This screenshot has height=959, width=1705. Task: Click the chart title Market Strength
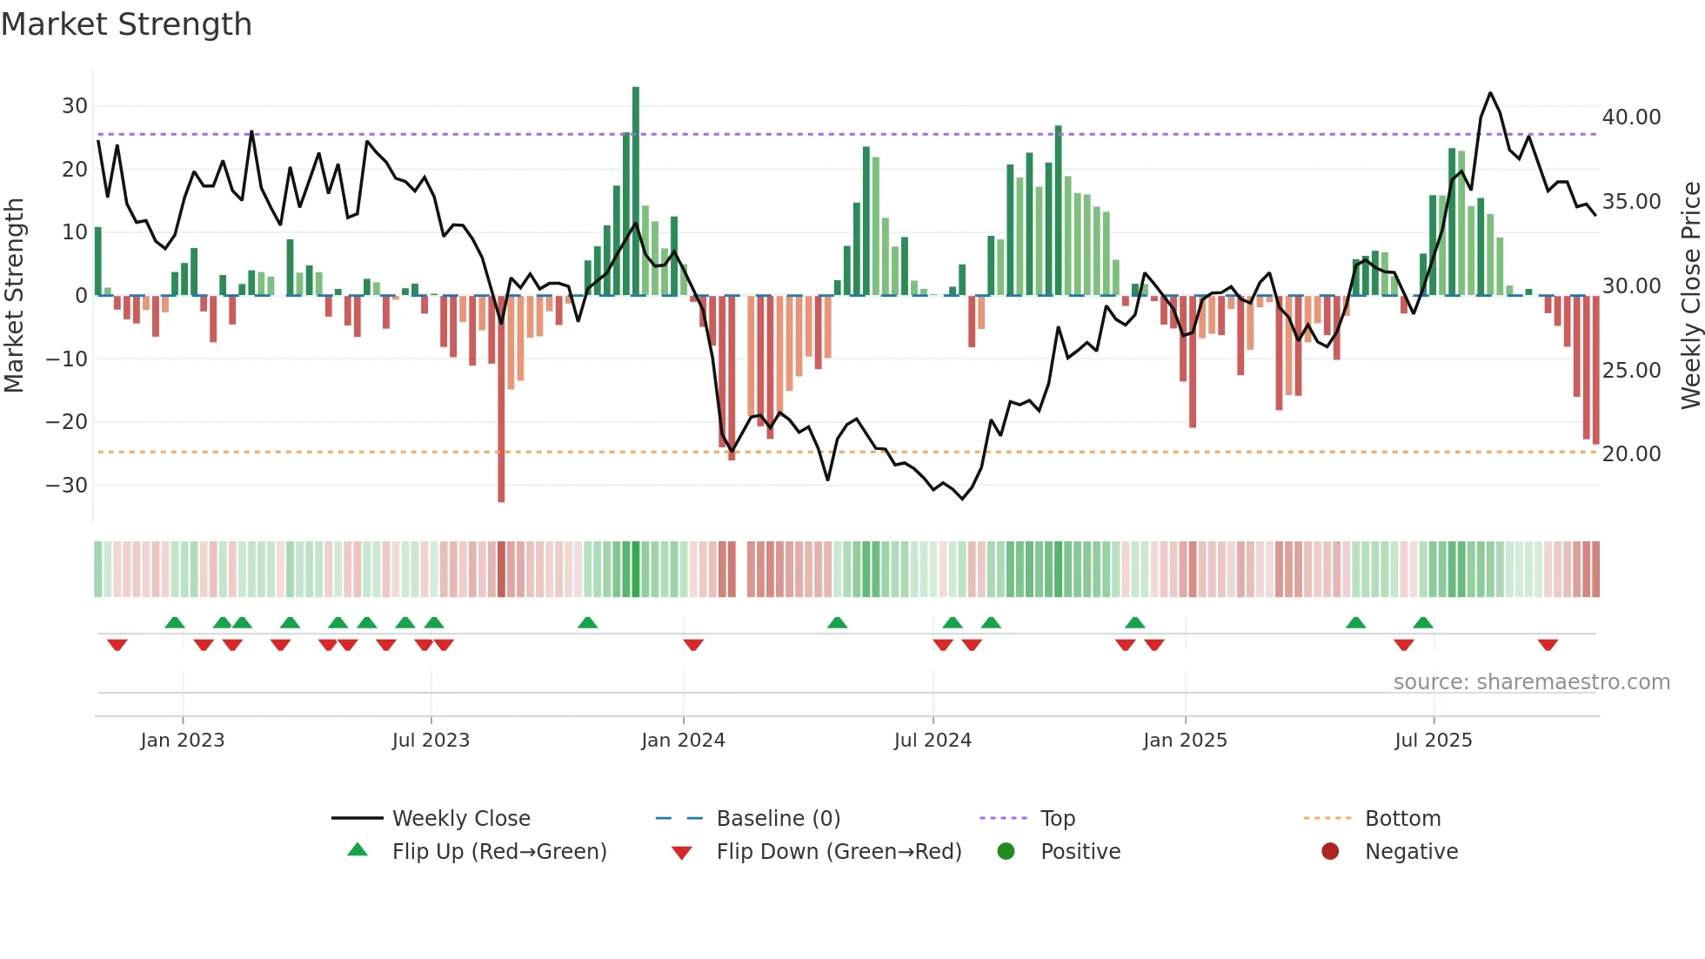click(x=126, y=24)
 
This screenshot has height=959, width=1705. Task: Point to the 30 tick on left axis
click(x=75, y=106)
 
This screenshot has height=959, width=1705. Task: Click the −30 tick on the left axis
click(x=68, y=485)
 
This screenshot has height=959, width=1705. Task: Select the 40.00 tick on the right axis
click(x=1631, y=117)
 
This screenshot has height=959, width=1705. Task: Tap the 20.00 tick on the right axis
click(x=1631, y=453)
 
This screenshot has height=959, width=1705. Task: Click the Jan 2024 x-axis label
click(x=683, y=740)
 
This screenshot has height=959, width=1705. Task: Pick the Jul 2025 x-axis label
click(x=1433, y=740)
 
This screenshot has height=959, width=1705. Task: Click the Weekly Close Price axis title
click(x=1690, y=295)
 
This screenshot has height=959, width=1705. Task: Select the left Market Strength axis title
click(x=14, y=295)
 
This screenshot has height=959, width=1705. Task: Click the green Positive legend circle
click(x=1006, y=851)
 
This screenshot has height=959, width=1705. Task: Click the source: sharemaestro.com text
click(x=1531, y=681)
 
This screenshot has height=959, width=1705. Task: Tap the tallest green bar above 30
click(x=636, y=191)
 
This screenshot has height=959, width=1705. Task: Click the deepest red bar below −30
click(x=501, y=400)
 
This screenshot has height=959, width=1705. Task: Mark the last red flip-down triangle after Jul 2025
click(x=1548, y=645)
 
